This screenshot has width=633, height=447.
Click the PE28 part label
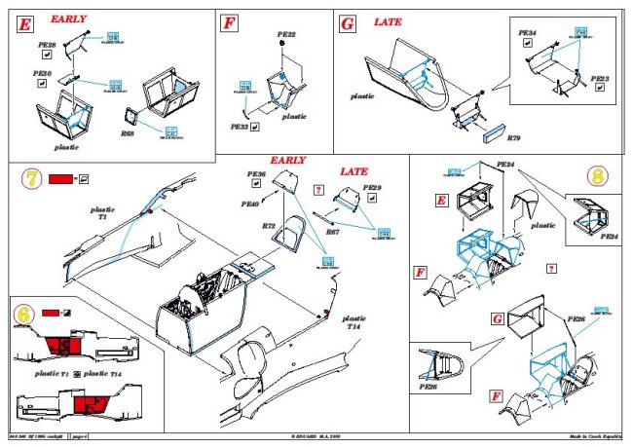coord(46,45)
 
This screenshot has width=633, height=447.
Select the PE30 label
coord(42,72)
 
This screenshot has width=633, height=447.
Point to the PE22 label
coord(286,34)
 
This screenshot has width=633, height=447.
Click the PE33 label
coord(239,127)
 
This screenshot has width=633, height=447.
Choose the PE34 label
coord(527,33)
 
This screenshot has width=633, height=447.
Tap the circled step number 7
coord(31,180)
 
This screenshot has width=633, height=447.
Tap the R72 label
coord(269,225)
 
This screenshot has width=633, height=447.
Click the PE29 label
coord(372,186)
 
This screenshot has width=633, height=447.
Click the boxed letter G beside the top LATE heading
coord(348,22)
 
